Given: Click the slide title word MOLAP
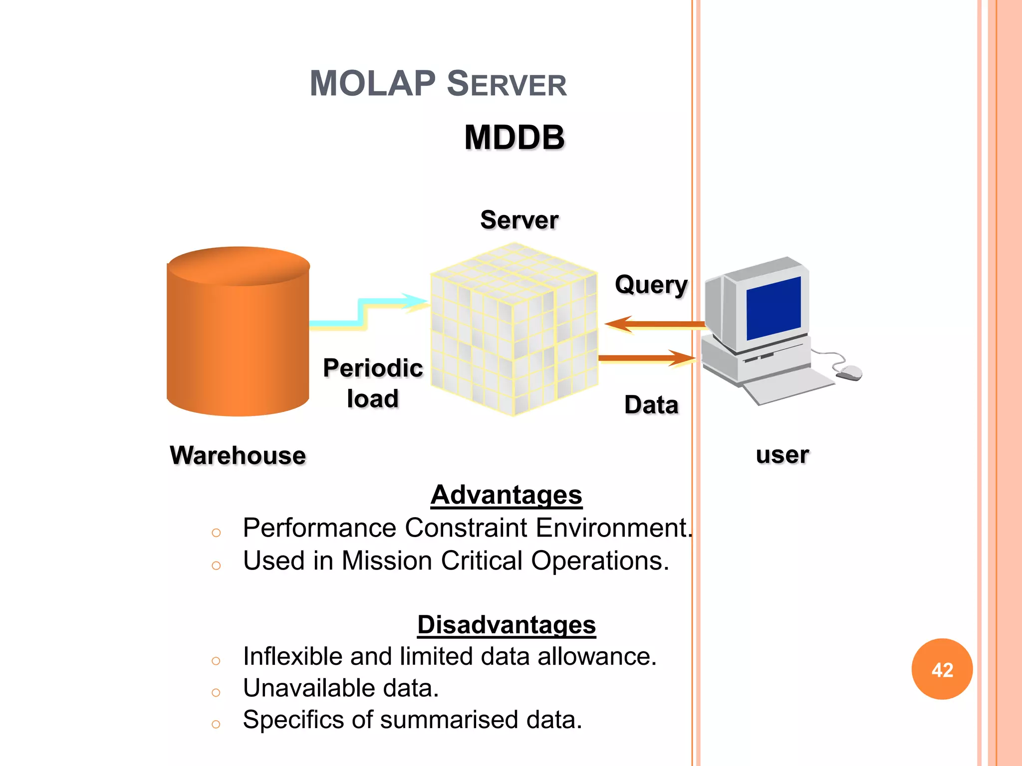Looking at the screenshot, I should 372,83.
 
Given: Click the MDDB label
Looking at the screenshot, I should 514,137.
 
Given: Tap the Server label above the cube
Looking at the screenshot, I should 519,220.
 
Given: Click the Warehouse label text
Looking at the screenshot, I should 238,455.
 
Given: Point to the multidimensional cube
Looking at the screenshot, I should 514,329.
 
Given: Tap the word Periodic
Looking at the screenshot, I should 373,368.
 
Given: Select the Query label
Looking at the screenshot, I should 651,285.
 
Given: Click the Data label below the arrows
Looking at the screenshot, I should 651,404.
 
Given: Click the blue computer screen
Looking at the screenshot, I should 773,308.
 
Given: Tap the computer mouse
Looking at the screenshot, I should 849,372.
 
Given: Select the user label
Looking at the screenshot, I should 782,455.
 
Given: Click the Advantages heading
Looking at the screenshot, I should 506,495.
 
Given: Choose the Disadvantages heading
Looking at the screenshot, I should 506,624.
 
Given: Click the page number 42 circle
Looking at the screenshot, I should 942,669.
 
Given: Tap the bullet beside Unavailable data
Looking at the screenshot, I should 216,692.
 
